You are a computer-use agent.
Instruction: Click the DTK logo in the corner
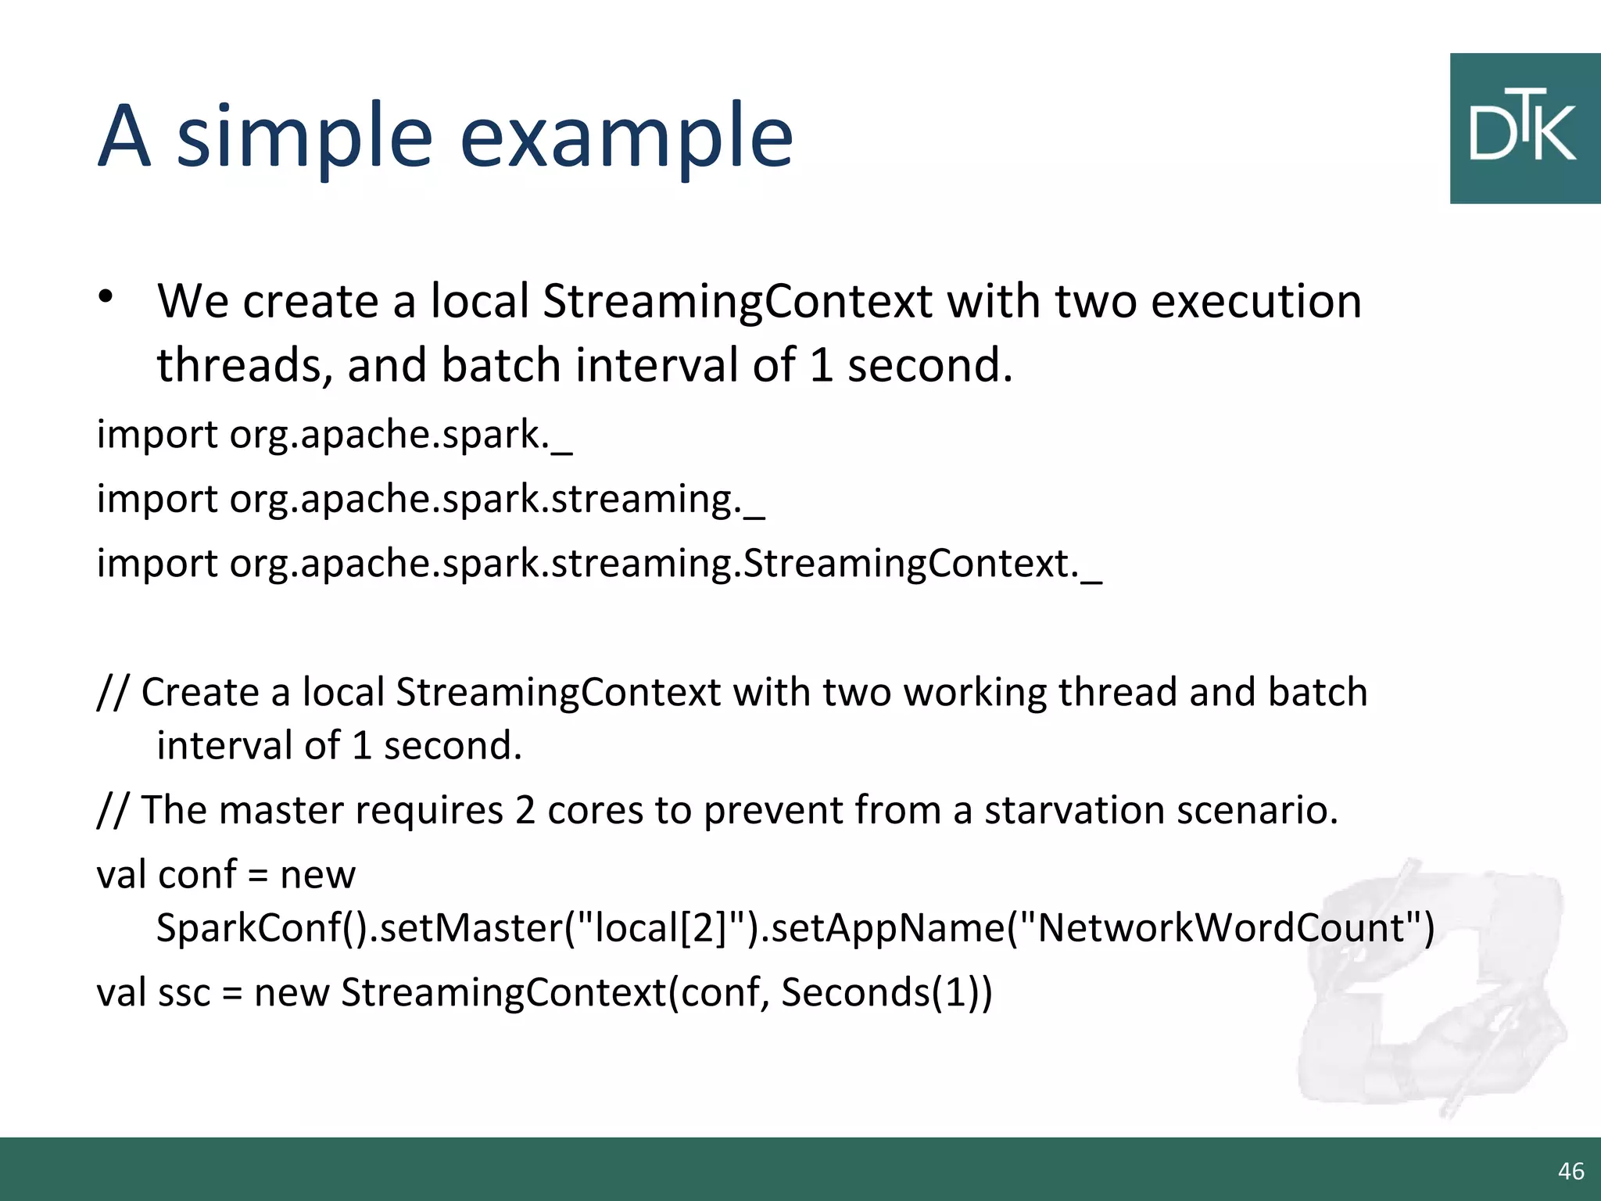coord(1524,129)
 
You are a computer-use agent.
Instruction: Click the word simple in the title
coord(305,139)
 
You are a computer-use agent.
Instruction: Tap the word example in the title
coord(625,139)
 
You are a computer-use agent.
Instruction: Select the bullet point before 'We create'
coord(106,298)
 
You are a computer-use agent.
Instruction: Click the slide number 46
coord(1571,1171)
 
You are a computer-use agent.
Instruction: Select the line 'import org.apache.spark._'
coord(334,435)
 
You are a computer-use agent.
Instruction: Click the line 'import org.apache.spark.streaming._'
coord(430,500)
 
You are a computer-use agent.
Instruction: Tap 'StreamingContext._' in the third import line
coord(922,564)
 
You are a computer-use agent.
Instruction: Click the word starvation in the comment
coord(1074,810)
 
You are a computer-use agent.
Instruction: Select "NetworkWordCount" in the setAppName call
coord(1220,928)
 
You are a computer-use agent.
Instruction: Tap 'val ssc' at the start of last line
coord(153,993)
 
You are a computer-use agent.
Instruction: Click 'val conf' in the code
coord(166,875)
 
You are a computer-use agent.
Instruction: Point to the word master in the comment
coord(281,810)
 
